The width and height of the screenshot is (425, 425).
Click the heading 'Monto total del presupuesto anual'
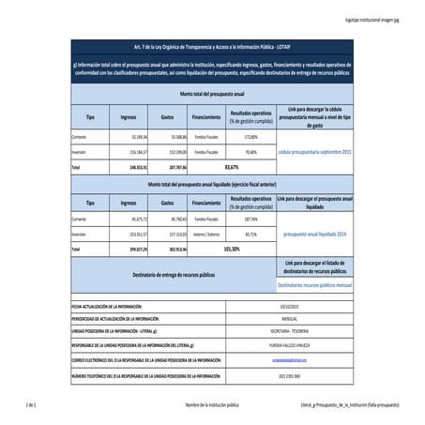tap(211, 95)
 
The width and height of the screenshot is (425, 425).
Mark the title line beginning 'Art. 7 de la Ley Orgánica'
tap(211, 45)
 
